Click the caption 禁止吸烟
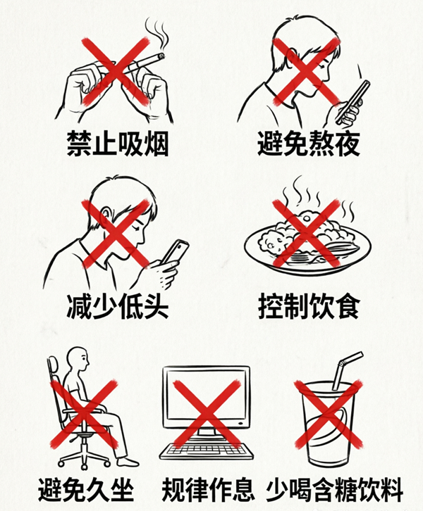[x=118, y=144]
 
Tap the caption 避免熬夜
[x=309, y=144]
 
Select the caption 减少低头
[x=118, y=306]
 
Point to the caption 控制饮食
[x=309, y=306]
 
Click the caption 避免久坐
[x=87, y=490]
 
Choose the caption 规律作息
[x=208, y=490]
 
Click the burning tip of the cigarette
[x=161, y=56]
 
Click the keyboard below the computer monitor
[x=207, y=451]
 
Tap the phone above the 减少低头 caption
[x=176, y=251]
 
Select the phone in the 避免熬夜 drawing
[x=353, y=101]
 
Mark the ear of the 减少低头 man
[x=105, y=215]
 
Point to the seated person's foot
[x=128, y=462]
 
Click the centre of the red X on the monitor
[x=207, y=414]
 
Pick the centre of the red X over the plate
[x=306, y=234]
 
